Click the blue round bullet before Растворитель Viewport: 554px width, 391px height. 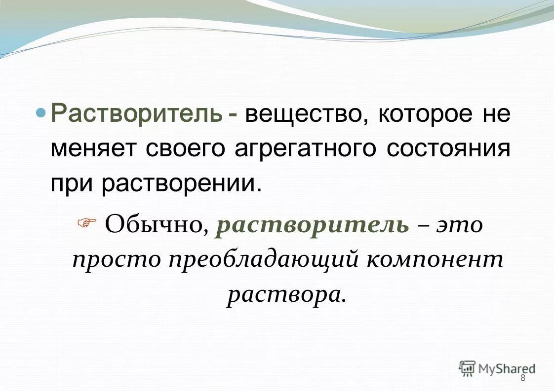(43, 112)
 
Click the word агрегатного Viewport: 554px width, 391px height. (305, 148)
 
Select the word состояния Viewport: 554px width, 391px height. (448, 148)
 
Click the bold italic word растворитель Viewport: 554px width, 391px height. (313, 226)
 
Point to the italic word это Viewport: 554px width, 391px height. (459, 226)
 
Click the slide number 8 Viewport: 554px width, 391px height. (523, 378)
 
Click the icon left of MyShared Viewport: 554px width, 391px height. (467, 368)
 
